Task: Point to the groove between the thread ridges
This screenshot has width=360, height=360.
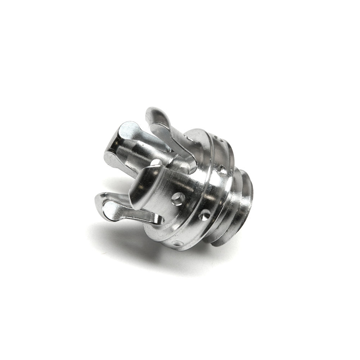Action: point(236,202)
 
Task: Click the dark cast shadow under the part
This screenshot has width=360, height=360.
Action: point(137,245)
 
